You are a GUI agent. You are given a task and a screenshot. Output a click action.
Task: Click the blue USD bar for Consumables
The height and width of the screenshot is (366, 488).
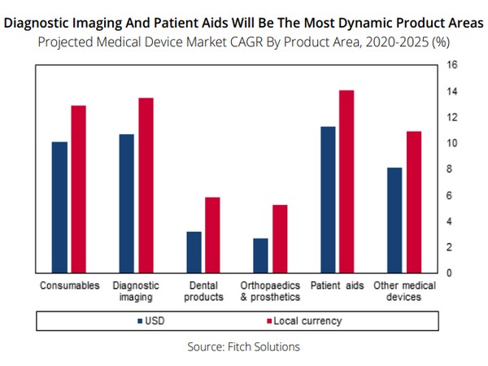59,207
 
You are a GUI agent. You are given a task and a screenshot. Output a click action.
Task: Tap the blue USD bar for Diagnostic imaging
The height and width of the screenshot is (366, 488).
127,203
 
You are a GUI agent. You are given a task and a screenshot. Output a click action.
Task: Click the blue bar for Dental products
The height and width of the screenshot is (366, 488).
194,251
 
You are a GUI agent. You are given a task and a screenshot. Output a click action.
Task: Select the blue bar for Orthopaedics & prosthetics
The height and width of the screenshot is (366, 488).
261,255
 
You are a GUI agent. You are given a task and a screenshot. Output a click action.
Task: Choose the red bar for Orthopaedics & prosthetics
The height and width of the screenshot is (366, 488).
280,238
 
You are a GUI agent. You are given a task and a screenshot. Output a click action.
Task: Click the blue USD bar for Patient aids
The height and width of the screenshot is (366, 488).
328,199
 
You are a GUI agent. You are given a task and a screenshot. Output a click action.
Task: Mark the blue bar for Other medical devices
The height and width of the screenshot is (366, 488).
394,220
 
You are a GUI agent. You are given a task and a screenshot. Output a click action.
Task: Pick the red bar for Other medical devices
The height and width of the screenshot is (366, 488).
414,202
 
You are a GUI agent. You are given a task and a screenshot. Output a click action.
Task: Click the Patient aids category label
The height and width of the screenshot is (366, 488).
338,286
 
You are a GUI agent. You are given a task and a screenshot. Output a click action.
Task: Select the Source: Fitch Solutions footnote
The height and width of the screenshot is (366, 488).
243,346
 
